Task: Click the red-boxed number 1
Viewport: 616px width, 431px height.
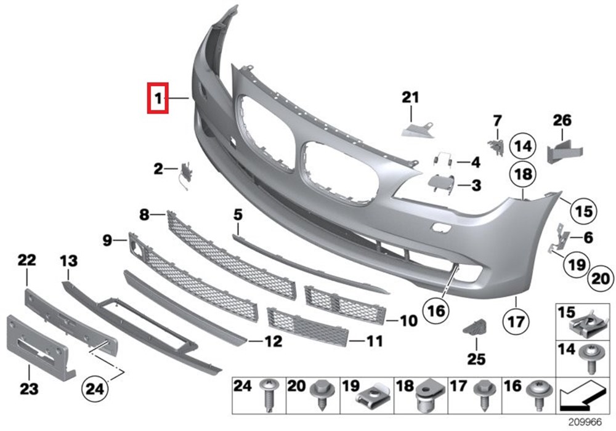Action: tap(158, 97)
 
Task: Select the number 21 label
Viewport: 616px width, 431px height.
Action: tap(410, 97)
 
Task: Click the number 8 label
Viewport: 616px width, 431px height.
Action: tap(144, 215)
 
